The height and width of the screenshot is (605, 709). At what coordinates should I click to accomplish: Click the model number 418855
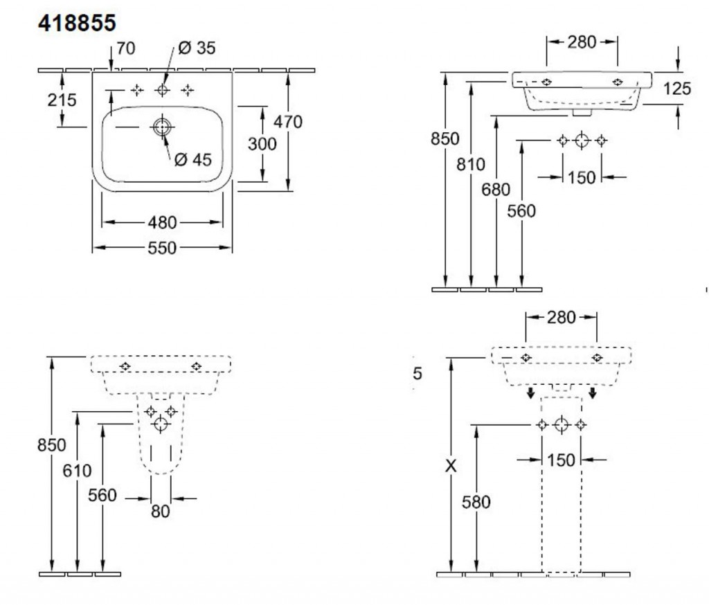click(x=76, y=22)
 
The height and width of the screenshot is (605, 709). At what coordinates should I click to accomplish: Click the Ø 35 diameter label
click(x=197, y=48)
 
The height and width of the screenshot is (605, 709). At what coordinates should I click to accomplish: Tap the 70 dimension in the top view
click(x=126, y=48)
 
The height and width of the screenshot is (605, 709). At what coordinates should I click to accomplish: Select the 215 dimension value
click(x=62, y=100)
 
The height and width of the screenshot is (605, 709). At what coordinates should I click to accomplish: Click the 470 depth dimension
click(x=287, y=122)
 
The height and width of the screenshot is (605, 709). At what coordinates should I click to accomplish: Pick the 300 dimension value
click(x=262, y=144)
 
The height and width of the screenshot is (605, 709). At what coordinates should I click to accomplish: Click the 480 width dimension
click(x=163, y=223)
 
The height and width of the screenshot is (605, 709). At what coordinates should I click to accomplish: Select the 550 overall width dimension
click(x=163, y=248)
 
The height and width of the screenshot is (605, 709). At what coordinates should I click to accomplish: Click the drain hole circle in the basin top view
click(x=162, y=127)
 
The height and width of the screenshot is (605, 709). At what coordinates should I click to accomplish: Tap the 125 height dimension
click(x=676, y=88)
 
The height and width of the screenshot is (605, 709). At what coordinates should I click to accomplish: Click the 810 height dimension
click(x=471, y=165)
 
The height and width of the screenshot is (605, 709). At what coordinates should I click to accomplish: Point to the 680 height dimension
click(x=496, y=189)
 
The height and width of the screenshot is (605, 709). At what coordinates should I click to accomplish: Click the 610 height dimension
click(x=76, y=471)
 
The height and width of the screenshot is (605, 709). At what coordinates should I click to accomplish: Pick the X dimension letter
click(x=451, y=467)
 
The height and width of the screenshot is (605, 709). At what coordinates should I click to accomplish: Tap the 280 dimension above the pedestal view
click(x=561, y=317)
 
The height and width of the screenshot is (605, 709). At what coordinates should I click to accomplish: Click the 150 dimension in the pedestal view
click(x=562, y=460)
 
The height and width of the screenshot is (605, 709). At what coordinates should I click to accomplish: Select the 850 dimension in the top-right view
click(x=445, y=138)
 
